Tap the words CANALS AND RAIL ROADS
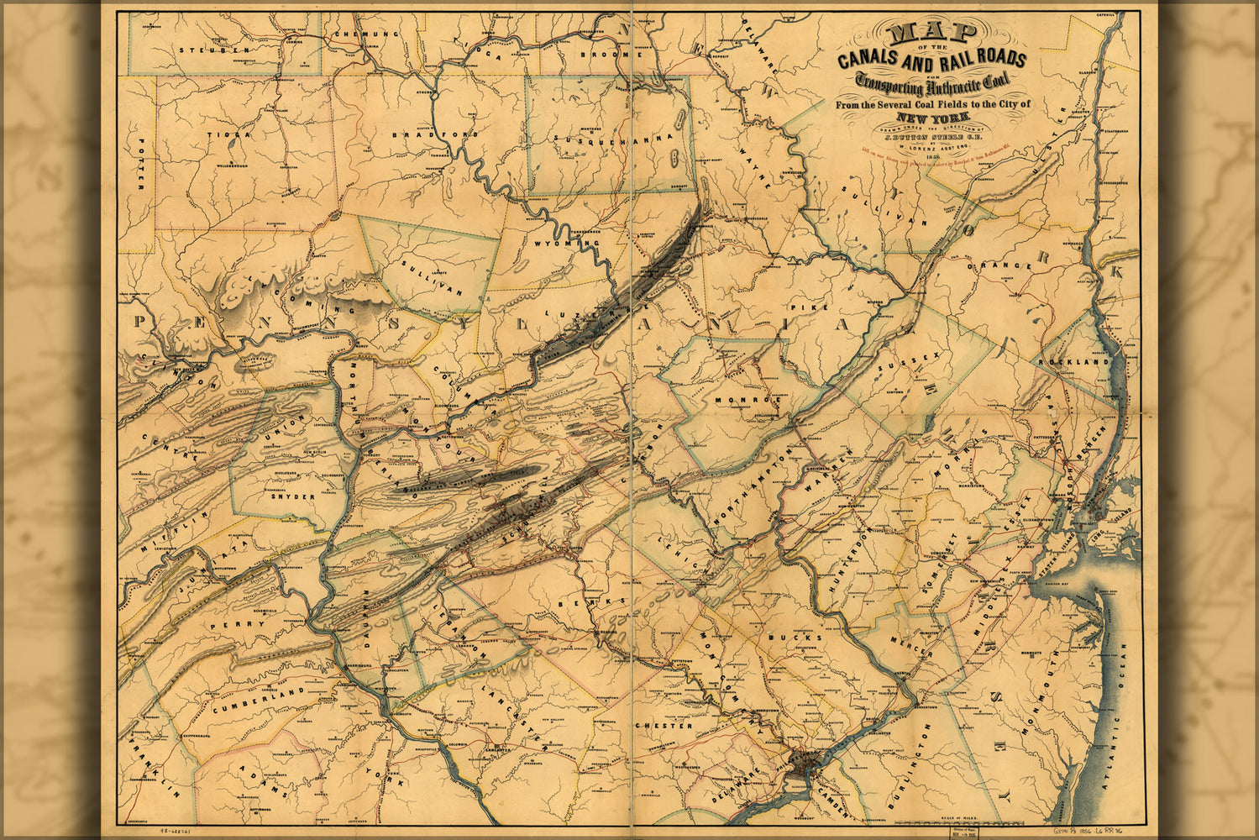pyautogui.click(x=931, y=59)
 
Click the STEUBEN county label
pyautogui.click(x=213, y=50)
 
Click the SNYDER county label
pyautogui.click(x=292, y=496)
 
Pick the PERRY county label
pyautogui.click(x=226, y=624)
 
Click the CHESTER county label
pyautogui.click(x=664, y=725)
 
